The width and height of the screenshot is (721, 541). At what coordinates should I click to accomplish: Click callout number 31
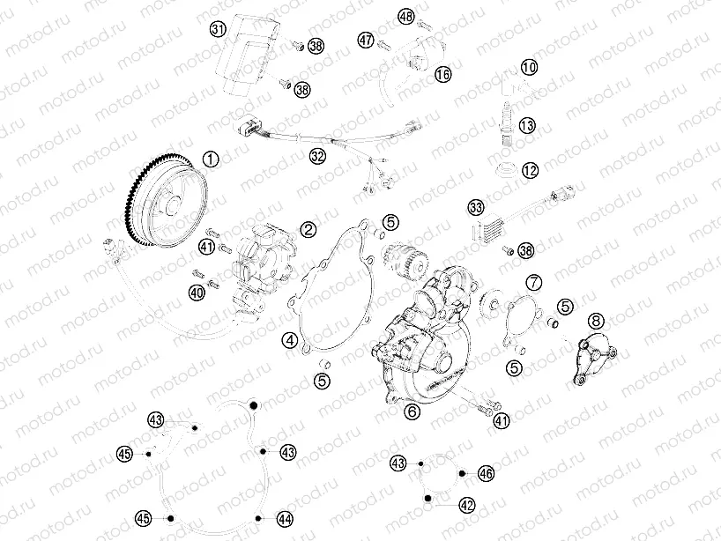[219, 29]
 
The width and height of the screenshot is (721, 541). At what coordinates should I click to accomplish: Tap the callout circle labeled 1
[210, 159]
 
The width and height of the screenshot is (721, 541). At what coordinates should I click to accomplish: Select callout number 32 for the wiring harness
[317, 156]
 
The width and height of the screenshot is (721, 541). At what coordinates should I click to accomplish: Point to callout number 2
[308, 229]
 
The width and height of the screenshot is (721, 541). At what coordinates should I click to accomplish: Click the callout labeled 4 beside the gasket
[289, 339]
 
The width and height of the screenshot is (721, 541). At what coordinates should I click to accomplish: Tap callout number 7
[534, 282]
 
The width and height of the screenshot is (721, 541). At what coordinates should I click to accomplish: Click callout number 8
[596, 321]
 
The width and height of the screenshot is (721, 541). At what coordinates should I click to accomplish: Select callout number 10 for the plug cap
[529, 67]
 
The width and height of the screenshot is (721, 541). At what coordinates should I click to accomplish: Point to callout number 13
[527, 126]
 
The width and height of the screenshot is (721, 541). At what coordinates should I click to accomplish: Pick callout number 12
[529, 170]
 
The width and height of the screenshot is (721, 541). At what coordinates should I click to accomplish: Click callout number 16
[442, 76]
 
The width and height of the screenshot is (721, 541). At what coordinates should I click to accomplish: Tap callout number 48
[405, 17]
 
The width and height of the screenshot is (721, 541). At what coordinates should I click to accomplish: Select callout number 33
[476, 209]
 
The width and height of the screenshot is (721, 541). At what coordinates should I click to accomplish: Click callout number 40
[196, 292]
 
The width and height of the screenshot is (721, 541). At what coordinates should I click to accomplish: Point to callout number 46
[486, 474]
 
